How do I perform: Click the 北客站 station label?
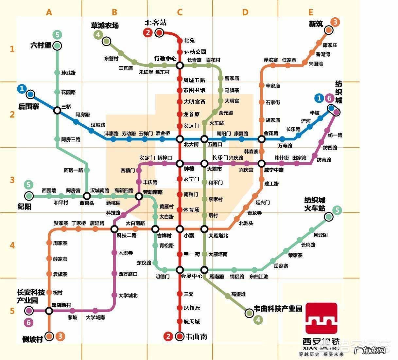click(156, 23)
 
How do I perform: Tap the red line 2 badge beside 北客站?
click(148, 32)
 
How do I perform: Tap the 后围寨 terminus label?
click(29, 106)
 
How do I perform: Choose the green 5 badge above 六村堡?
click(57, 34)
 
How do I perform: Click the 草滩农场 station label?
click(105, 25)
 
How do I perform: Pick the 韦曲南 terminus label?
click(196, 336)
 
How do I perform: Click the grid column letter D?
click(245, 12)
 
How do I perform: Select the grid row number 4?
click(12, 245)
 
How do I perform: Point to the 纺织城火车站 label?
click(315, 204)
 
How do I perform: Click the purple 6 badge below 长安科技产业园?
click(29, 322)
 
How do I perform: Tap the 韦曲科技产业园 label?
click(278, 309)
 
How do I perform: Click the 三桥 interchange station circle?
click(57, 110)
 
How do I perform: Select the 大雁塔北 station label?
click(218, 236)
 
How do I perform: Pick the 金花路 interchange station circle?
click(262, 139)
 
